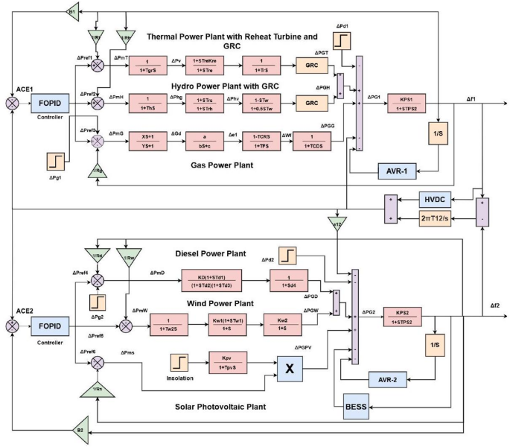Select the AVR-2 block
click(386, 379)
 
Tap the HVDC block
click(434, 200)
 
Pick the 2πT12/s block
click(433, 218)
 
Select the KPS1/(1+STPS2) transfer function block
click(406, 103)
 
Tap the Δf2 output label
click(494, 306)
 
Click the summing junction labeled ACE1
click(12, 103)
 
